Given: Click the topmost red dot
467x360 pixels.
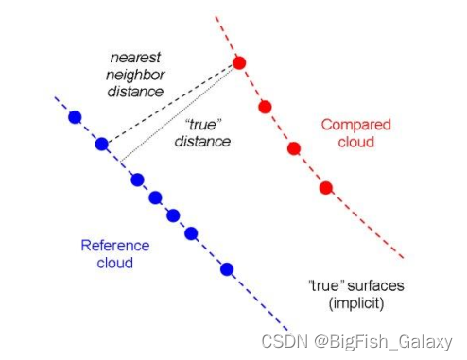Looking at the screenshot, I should tap(240, 63).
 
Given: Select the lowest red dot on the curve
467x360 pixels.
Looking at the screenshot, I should tap(326, 187).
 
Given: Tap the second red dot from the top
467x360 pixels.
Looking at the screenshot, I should tap(266, 106).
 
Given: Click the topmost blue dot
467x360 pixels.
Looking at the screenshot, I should tap(75, 117).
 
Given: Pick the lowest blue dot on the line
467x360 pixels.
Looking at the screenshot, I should tap(227, 268).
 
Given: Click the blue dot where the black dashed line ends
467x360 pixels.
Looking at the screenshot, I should tap(102, 145).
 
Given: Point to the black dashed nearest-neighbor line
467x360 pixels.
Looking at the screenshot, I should tap(170, 104).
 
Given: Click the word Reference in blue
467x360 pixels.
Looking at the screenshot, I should tap(114, 246).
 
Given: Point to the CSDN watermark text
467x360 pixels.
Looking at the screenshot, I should tap(284, 340).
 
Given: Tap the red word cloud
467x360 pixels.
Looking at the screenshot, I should tap(356, 142).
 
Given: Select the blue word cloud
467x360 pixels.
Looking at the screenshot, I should tap(114, 264).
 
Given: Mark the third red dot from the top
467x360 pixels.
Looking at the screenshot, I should tap(294, 148).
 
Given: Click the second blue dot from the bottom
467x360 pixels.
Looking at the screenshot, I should tap(191, 232).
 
